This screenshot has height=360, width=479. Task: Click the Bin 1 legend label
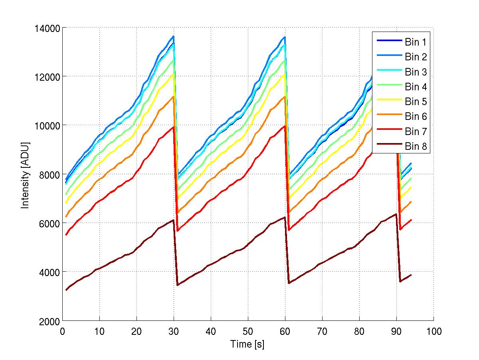click(416, 42)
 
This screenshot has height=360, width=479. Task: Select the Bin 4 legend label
click(416, 87)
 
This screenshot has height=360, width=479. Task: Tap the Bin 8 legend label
click(416, 147)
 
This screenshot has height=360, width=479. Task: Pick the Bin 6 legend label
click(416, 117)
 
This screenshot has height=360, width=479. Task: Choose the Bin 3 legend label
click(416, 72)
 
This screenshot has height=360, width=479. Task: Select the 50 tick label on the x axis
click(248, 331)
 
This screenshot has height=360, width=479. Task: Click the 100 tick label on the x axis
click(433, 331)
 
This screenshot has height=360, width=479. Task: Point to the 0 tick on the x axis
click(62, 331)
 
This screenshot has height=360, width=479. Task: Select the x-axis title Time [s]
click(247, 344)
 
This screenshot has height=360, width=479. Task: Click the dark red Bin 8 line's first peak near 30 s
click(173, 220)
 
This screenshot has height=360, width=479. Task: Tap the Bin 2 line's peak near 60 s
click(285, 37)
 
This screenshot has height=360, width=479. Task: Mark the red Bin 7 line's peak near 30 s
click(173, 127)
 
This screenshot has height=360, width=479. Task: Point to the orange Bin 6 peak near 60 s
click(285, 96)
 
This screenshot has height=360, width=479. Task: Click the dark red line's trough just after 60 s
click(289, 283)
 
